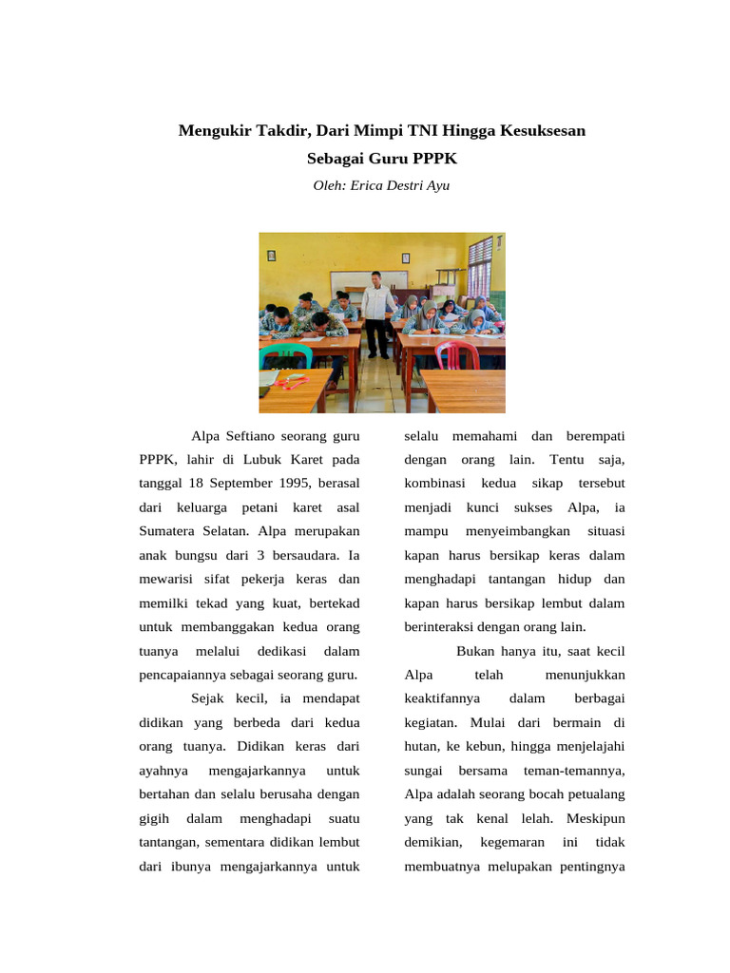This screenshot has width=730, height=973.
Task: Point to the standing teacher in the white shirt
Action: tap(377, 309)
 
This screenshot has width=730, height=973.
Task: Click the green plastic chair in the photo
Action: tap(284, 356)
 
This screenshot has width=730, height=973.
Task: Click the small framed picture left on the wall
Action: tap(271, 255)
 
